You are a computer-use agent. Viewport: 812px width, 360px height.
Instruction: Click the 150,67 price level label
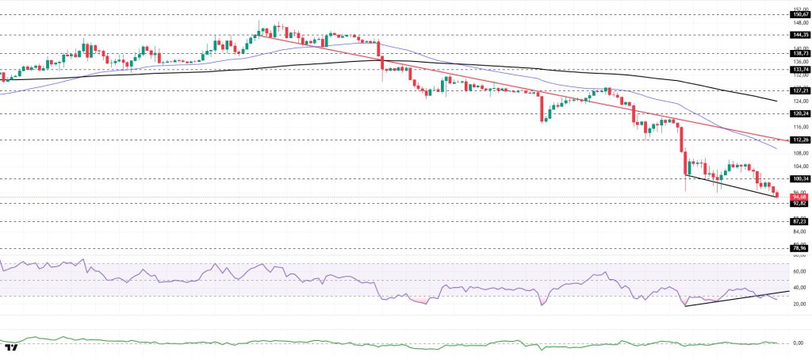[x=799, y=14]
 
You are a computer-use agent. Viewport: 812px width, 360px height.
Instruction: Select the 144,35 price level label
[x=799, y=35]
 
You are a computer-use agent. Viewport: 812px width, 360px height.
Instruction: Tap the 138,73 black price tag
[x=799, y=53]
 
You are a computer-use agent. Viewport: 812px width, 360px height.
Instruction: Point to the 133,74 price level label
[x=799, y=70]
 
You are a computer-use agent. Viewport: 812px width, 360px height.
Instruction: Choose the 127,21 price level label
[x=799, y=91]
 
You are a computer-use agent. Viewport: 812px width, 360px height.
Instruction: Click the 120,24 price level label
[x=799, y=113]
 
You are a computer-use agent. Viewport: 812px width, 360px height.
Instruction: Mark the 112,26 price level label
[x=799, y=140]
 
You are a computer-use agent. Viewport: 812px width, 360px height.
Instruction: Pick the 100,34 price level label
[x=799, y=178]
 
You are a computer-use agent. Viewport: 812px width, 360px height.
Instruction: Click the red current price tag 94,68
[x=799, y=197]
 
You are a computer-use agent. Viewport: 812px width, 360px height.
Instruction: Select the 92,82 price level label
[x=799, y=203]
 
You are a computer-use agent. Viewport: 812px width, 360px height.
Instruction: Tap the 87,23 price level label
[x=799, y=221]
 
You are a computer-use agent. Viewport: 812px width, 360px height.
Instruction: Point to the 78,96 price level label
[x=799, y=248]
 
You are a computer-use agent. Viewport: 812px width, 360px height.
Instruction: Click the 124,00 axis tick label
[x=799, y=101]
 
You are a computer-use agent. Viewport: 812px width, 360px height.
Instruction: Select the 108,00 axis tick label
[x=799, y=153]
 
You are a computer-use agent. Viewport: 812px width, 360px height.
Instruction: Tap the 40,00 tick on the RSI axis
[x=799, y=287]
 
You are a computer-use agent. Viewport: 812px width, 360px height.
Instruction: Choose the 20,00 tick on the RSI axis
[x=799, y=304]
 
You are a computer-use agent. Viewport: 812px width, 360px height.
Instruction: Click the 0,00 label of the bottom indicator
[x=799, y=343]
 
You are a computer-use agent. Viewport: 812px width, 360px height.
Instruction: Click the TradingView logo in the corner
[x=11, y=347]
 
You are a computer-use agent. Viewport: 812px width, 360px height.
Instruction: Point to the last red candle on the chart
[x=777, y=194]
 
